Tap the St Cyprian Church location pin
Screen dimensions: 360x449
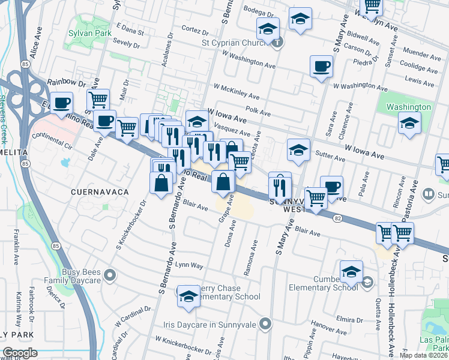[276, 42]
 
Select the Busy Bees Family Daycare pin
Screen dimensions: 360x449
[109, 275]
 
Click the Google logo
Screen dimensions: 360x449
[20, 353]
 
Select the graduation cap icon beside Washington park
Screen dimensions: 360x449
[409, 124]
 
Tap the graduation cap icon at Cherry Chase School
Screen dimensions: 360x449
[188, 296]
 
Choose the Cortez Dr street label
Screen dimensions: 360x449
[194, 29]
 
